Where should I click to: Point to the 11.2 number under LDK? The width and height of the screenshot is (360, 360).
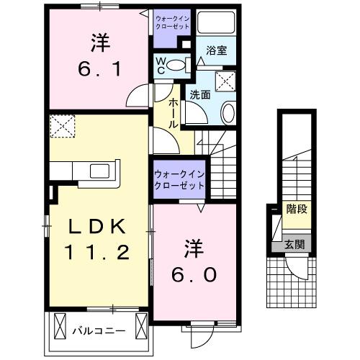point(98,252)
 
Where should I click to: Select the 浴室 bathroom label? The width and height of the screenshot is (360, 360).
point(215,50)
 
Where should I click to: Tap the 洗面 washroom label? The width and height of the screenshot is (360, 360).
point(200,94)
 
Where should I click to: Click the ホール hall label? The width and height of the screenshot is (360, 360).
point(174,114)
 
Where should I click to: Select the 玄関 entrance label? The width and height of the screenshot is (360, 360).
point(294,245)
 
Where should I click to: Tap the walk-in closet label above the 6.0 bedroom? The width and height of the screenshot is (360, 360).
point(179,179)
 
